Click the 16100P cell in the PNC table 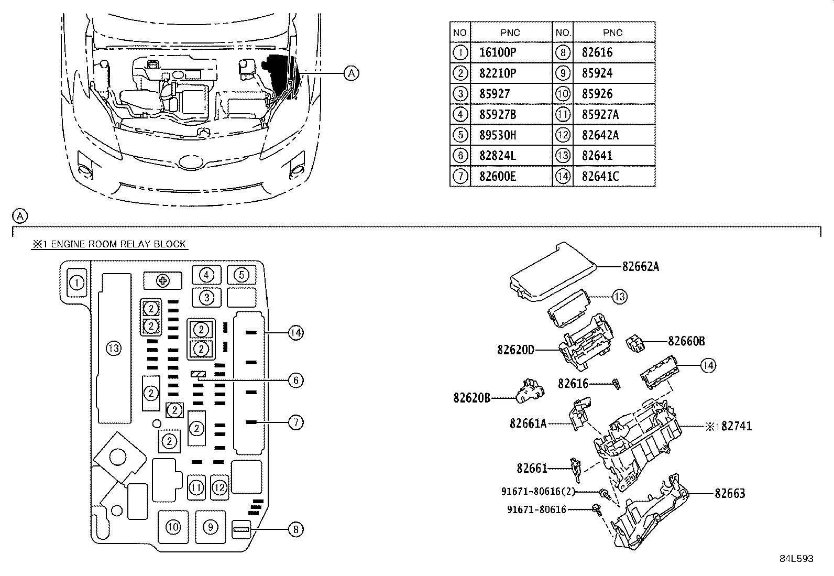497,52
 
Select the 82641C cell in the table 600,177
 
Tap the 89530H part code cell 497,135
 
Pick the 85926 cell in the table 597,94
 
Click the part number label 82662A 640,267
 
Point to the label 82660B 686,342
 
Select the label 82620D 515,350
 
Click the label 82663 730,493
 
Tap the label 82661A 528,423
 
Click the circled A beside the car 352,73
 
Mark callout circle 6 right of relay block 295,380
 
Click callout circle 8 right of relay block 295,530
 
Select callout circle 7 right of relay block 295,422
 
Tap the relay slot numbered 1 76,283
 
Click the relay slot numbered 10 173,527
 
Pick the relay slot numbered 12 220,488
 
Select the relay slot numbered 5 241,275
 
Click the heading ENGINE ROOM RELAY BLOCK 109,244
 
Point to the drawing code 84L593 796,559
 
